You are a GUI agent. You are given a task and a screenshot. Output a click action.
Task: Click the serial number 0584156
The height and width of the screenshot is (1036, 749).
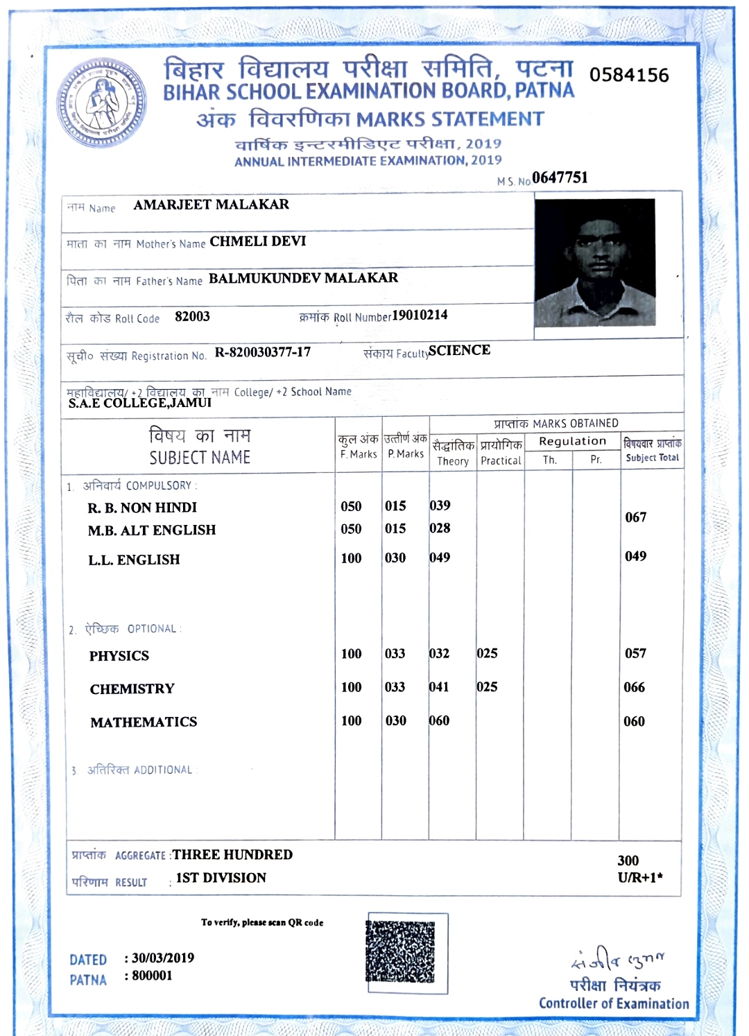tap(629, 75)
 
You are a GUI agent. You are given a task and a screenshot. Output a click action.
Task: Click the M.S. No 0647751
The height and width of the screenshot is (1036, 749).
tap(560, 178)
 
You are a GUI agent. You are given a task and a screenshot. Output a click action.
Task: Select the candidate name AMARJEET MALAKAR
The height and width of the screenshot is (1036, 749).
tap(211, 205)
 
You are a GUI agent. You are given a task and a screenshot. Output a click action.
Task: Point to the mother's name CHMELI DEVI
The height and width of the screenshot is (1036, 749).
tap(257, 241)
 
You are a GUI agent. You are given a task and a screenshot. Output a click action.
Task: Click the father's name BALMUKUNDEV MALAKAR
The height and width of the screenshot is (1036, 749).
tap(303, 278)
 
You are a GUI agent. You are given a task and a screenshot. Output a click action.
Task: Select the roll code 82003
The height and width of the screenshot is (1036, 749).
tap(192, 317)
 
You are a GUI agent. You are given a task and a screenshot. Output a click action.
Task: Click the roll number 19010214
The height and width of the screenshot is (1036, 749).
tap(420, 316)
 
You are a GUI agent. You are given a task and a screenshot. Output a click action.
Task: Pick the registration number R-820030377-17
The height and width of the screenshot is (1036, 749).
tap(262, 352)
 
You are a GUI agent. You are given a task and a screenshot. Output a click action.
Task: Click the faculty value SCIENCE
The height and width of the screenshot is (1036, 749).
tap(459, 350)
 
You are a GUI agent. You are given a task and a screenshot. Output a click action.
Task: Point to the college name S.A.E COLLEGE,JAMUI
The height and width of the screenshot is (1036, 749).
tap(139, 403)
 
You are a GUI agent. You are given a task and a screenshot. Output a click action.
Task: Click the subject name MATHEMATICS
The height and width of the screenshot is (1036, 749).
tap(144, 723)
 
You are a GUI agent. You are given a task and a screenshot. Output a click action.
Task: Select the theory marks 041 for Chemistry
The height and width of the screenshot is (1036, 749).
tap(439, 687)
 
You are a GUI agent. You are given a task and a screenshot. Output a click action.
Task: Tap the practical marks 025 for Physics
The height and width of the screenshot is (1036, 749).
tap(487, 653)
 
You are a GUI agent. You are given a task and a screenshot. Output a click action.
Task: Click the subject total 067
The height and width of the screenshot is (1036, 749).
tap(635, 517)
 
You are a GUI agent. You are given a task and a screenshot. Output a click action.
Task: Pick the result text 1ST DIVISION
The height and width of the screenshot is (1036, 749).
tap(221, 878)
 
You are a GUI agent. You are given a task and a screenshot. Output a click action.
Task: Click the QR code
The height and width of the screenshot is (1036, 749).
tap(400, 951)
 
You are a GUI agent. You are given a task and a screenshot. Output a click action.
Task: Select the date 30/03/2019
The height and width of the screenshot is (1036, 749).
tap(163, 958)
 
